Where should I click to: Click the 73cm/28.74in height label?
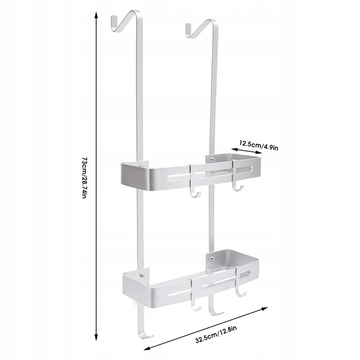tap(84, 178)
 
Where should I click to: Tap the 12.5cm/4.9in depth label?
tap(259, 145)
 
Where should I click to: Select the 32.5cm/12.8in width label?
tap(216, 334)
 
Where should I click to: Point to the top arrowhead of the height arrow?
tap(97, 15)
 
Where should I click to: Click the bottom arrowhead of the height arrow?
tap(97, 337)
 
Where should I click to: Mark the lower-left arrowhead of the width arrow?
tap(147, 348)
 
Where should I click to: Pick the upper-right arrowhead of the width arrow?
tap(265, 309)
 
